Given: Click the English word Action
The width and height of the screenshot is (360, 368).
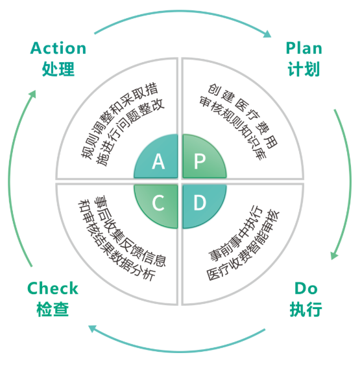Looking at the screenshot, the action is pos(58,48).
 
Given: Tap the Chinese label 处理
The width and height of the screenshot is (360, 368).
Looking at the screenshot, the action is pos(58,69).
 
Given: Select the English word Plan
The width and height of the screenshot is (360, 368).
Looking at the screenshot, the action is pos(304,48).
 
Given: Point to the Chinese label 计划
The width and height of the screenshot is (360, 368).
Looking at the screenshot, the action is pos(304,69).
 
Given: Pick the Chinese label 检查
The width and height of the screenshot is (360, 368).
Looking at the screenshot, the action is pos(53,309).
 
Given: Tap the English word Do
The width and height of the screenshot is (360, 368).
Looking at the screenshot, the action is pos(306,288).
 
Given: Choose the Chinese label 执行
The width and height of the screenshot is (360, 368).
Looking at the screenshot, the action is pos(306,309).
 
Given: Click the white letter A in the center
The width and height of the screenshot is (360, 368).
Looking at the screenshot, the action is pos(158,161).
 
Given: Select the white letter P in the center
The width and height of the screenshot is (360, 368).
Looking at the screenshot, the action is pos(200,161).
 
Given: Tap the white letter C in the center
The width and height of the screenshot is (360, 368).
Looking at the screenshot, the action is pos(158,203).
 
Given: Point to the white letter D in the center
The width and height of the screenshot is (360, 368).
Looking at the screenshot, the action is pos(200,203).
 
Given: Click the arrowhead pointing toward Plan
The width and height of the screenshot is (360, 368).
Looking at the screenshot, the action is pos(267,34).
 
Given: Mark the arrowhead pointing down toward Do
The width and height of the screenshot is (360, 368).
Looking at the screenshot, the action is pos(334,255).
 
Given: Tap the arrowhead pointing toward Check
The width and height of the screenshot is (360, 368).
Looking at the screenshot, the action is pos(92,328).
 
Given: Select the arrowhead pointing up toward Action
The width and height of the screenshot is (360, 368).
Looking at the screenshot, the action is pos(32,95).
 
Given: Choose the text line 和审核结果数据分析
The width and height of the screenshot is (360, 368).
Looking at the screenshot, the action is pos(117,240).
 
